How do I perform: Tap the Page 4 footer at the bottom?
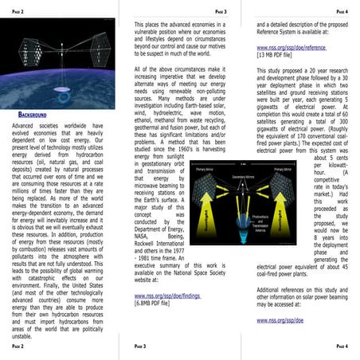coord(342,346)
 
